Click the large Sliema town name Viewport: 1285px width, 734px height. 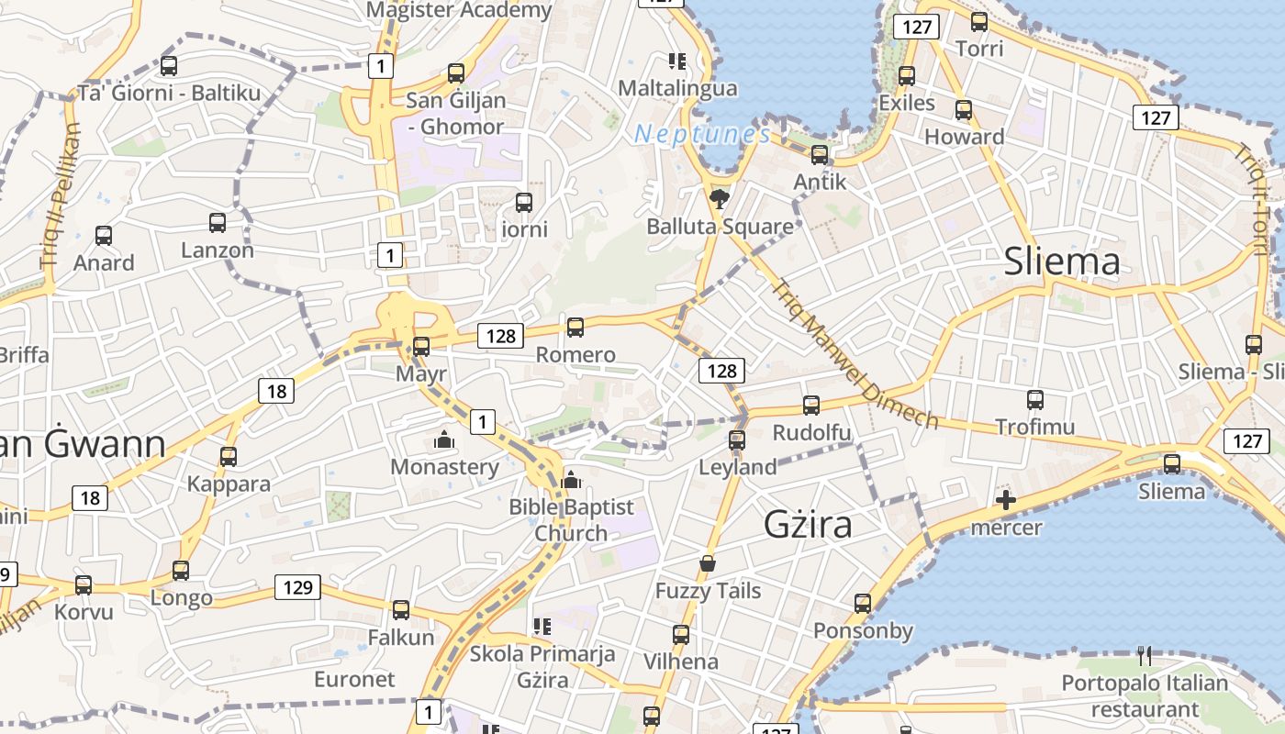coord(1062,261)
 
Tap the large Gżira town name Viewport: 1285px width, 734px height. coord(809,524)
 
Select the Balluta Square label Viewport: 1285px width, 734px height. coord(720,226)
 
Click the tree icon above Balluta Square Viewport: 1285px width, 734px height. coord(720,196)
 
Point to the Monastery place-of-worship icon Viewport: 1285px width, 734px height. coord(444,440)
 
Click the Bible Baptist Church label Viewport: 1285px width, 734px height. coord(572,519)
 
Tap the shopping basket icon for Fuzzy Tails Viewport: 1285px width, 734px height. coord(708,562)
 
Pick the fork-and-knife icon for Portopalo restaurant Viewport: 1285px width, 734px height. coord(1144,655)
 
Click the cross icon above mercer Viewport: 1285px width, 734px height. coord(1006,500)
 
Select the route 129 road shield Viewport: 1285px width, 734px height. coord(298,587)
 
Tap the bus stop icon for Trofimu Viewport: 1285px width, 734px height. coord(1035,400)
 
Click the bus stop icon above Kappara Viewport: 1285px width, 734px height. coord(229,456)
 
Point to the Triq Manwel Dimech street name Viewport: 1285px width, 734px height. coord(855,353)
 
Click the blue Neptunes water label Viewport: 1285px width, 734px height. coord(702,134)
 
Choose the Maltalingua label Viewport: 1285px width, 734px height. coord(677,88)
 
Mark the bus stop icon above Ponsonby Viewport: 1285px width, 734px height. coord(863,603)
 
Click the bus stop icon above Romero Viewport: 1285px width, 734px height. coord(575,327)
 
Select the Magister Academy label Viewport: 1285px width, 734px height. coord(459,10)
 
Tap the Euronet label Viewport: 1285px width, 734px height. coord(354,679)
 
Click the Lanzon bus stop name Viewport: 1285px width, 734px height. coord(218,250)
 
